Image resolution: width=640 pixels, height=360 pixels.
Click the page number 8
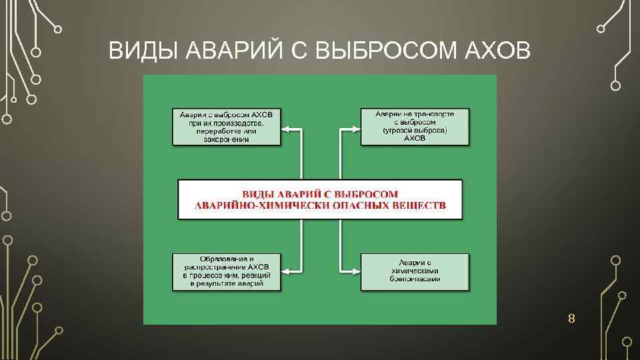click(x=571, y=319)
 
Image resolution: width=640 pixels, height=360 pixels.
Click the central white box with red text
click(x=320, y=199)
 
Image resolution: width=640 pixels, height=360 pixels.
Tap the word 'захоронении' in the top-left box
click(x=226, y=139)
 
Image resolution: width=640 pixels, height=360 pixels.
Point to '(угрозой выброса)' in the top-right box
click(x=415, y=131)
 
